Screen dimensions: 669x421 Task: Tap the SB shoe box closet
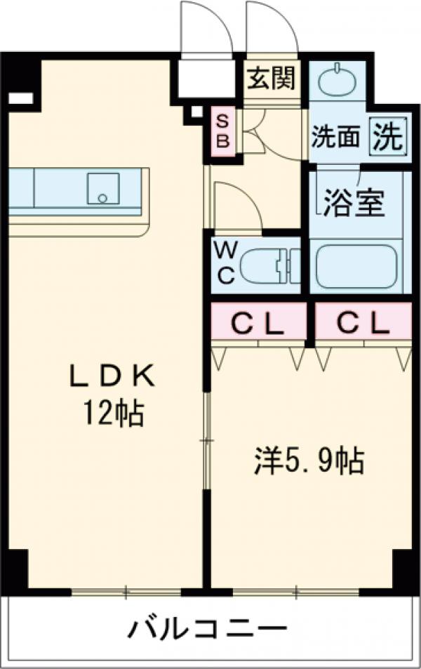click(x=222, y=131)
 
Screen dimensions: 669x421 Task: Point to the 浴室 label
click(x=354, y=202)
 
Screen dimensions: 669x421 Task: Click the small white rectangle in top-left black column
click(x=21, y=98)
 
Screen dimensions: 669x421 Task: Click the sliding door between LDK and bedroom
click(x=206, y=440)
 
